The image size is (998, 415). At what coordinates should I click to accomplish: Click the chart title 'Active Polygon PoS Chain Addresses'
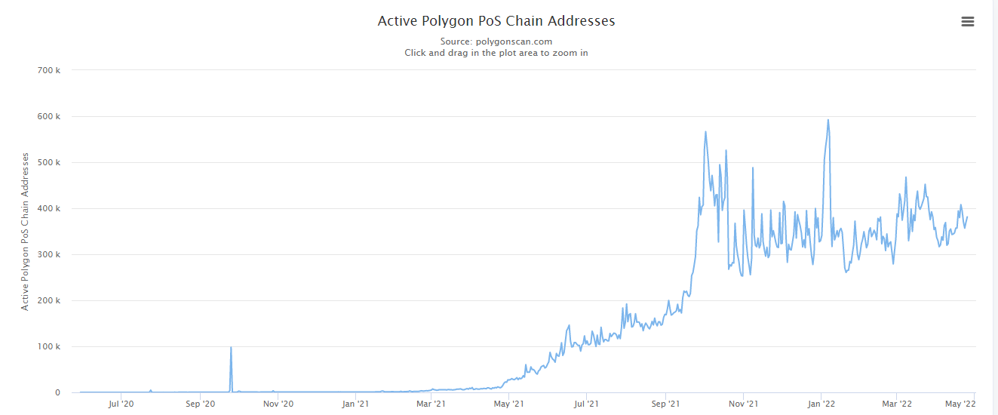pos(496,21)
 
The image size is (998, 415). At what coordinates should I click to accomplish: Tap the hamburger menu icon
pos(968,22)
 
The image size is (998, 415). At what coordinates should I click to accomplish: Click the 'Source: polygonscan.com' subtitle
pos(496,41)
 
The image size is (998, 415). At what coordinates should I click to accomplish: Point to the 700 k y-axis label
pos(48,70)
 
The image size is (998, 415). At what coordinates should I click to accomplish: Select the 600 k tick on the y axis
pos(48,116)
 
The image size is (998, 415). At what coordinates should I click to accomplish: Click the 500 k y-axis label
pos(48,162)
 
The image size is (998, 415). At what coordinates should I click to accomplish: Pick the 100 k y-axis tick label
pos(48,346)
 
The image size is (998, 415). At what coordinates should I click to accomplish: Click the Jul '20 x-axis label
pos(121,404)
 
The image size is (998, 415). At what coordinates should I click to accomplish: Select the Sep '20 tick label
pos(200,404)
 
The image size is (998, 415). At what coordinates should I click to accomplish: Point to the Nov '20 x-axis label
pos(278,404)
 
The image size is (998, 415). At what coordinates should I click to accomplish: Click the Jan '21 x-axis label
pos(355,404)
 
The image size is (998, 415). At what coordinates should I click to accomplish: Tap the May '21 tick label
pos(508,404)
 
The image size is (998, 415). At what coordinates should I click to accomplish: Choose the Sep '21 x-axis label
pos(665,404)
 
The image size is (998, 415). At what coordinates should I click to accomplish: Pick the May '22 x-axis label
pos(960,404)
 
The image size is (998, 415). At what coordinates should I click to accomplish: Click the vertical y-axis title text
pos(25,231)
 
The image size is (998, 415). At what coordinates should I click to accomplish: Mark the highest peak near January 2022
pos(828,120)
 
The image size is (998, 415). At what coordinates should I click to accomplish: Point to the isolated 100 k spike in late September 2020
pos(231,348)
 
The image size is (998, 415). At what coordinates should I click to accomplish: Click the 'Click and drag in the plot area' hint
pos(496,53)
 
